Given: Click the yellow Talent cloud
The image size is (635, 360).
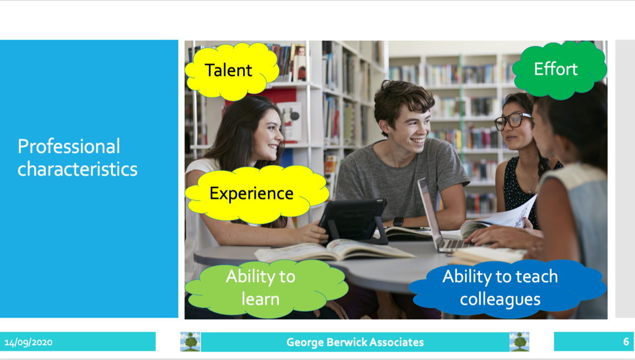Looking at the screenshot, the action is coord(232,71).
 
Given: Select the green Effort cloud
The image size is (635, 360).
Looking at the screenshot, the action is coord(559,69).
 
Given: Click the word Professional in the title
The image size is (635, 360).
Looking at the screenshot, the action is coord(69,147).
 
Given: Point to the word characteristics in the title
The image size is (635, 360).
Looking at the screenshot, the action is coord(77,169).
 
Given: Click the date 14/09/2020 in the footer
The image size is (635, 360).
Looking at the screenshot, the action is coord(28,343).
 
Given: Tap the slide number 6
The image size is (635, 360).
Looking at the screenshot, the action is coord(626,342).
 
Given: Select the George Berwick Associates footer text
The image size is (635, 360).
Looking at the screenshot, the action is coord(355,342).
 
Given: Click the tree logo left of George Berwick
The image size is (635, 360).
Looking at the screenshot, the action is coord(190,342).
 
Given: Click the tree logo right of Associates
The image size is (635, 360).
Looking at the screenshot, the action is coord(519,342).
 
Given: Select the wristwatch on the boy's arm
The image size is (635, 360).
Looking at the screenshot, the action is coord(398,221).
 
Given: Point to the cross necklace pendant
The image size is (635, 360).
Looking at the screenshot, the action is coord(529,191).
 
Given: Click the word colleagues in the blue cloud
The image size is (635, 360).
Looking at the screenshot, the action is coord(500,300).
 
